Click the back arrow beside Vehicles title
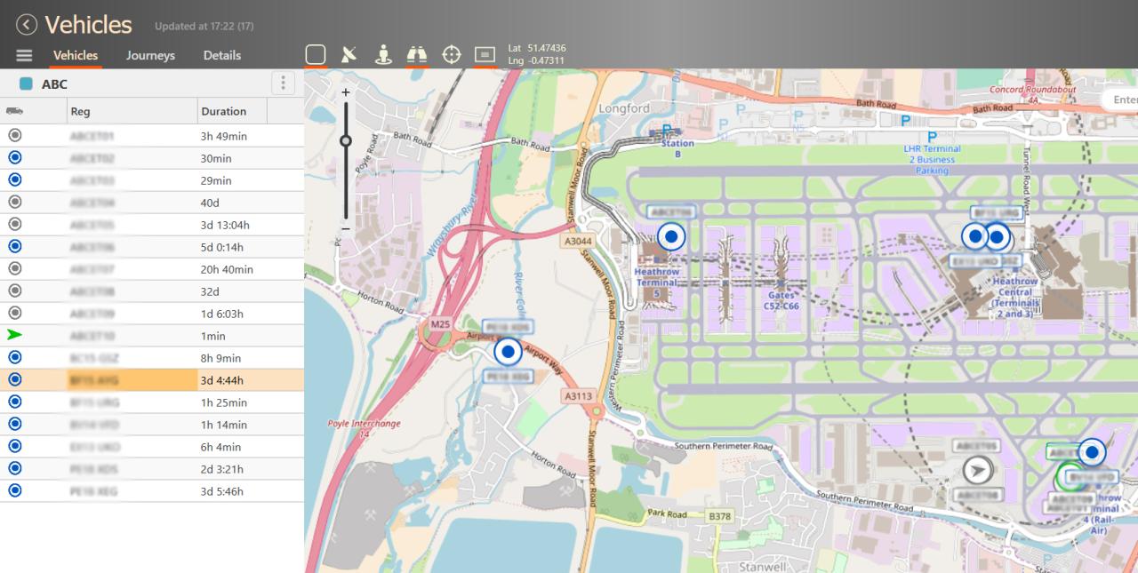pos(27,25)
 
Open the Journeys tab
pos(150,55)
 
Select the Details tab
pos(221,55)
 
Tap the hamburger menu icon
pos(24,55)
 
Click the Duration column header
pos(224,111)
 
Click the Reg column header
pos(81,111)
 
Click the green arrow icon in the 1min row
pos(14,335)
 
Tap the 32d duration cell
pos(211,291)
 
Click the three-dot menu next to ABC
pos(283,84)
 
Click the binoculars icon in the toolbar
pos(417,55)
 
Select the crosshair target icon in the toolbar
pos(452,55)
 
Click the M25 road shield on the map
pos(440,324)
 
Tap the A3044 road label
pos(577,241)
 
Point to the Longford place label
pos(625,108)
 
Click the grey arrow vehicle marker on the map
pos(978,470)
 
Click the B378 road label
pos(718,516)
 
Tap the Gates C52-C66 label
pos(781,300)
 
